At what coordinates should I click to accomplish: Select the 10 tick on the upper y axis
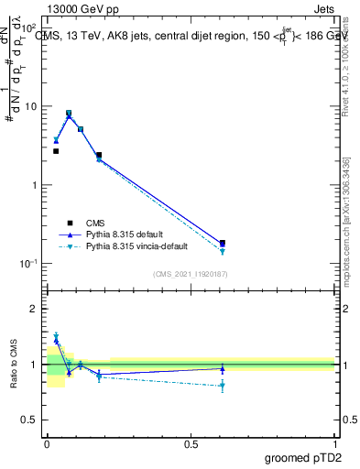point(32,106)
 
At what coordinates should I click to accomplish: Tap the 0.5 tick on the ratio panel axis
point(31,420)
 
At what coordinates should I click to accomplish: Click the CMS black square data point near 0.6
point(223,244)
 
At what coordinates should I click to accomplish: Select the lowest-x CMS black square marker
point(56,151)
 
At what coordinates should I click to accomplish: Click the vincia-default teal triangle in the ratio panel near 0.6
point(223,386)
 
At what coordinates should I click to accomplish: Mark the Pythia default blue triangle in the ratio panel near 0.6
point(223,368)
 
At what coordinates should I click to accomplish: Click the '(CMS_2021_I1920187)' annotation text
point(190,274)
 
